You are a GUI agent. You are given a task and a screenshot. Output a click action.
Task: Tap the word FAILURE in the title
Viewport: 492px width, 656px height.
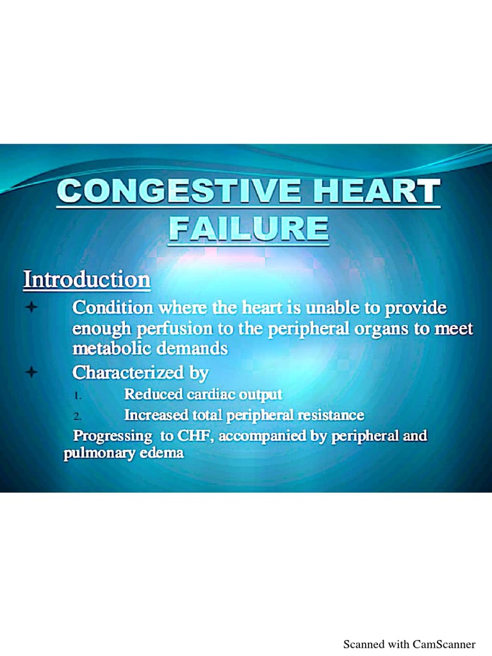point(249,229)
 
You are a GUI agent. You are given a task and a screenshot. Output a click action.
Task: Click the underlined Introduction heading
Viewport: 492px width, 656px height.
point(87,280)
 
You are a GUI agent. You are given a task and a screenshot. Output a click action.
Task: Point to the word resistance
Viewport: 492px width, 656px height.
point(330,415)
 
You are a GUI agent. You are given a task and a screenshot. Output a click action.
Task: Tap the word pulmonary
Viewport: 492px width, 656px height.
point(96,454)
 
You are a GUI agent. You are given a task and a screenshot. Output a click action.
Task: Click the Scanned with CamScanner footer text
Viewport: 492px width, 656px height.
point(409,644)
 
